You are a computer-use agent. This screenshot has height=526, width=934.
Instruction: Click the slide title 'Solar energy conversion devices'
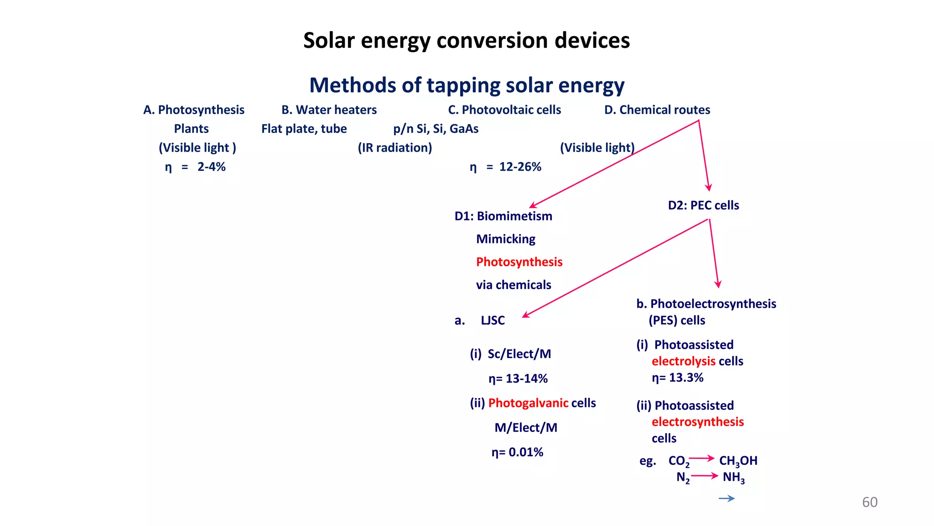coord(467,41)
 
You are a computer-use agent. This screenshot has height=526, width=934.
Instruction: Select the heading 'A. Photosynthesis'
coord(194,110)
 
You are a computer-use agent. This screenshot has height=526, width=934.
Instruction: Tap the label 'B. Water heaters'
coord(329,110)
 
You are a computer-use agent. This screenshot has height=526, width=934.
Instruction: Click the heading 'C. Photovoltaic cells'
coord(504,110)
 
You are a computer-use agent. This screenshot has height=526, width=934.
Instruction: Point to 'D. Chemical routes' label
coord(657,110)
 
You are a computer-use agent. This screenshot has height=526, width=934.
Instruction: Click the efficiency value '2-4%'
coord(211,167)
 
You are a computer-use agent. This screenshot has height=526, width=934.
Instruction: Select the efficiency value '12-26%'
coord(520,167)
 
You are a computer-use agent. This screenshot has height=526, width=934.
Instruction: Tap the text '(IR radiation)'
coord(394,148)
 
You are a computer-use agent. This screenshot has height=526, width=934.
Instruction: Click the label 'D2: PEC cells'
coord(703,205)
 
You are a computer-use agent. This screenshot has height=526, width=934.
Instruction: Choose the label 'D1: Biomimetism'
coord(503,216)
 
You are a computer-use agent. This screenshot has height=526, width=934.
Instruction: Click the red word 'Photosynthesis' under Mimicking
coord(519,262)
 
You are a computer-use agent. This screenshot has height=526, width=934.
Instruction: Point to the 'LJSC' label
coord(493,321)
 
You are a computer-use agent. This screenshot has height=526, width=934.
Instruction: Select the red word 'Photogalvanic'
coord(528,403)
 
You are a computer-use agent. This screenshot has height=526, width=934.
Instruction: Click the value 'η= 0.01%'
coord(517,452)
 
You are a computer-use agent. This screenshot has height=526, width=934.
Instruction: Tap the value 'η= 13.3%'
coord(677,378)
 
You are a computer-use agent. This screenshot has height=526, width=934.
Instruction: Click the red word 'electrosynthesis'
coord(697,422)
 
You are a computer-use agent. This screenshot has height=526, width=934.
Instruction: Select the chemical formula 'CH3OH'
coord(738,461)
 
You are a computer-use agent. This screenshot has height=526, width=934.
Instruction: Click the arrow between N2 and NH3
coord(705,476)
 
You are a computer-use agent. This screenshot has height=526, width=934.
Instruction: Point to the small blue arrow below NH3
coord(726,499)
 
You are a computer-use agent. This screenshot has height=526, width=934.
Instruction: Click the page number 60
coord(869,502)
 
